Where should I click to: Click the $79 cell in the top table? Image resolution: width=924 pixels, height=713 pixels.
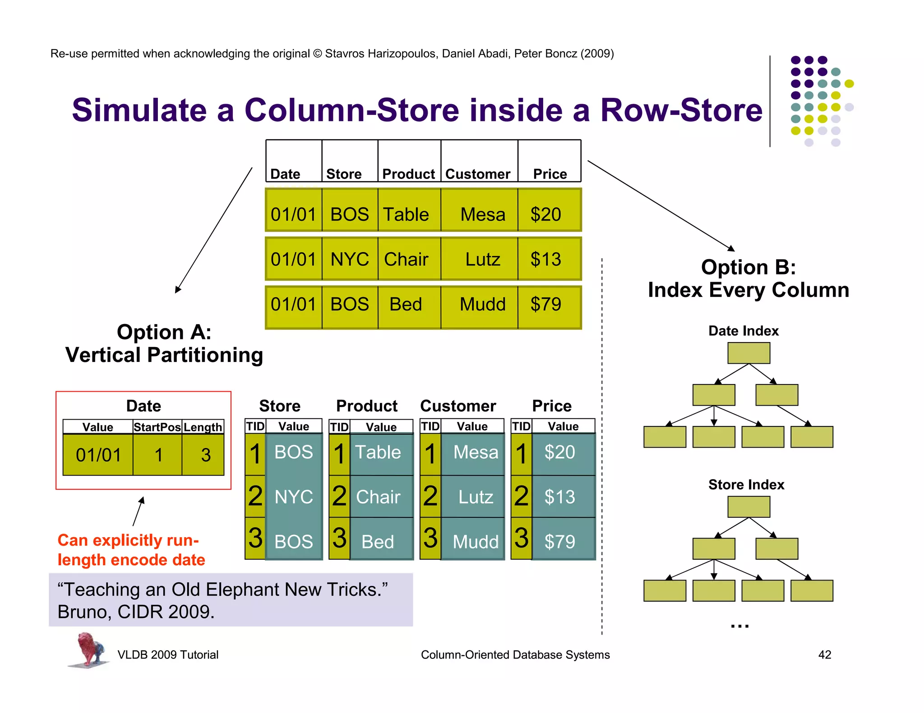tap(545, 304)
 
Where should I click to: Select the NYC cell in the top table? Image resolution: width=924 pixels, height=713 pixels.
tap(350, 259)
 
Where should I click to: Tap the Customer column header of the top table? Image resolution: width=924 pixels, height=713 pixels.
tap(478, 174)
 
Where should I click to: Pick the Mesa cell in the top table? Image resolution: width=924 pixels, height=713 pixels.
tap(482, 214)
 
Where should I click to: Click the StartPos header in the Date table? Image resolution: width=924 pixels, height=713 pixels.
tap(157, 427)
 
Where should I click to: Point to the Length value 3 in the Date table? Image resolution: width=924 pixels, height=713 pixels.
tap(206, 455)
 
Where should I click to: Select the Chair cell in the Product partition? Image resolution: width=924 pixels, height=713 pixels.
tap(378, 497)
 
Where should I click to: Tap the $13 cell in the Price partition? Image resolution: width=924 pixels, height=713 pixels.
tap(559, 497)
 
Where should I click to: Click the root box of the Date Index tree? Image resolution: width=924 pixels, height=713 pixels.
tap(748, 353)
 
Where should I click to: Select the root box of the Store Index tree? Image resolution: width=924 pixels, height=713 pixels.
tap(748, 507)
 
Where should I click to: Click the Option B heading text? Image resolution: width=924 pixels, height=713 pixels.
tap(748, 267)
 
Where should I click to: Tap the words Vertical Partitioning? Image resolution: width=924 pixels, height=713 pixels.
tap(164, 355)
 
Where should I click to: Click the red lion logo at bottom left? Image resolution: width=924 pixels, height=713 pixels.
tap(89, 649)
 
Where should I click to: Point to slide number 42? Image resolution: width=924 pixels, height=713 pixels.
tap(824, 654)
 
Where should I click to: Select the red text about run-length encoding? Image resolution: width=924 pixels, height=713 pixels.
tap(131, 550)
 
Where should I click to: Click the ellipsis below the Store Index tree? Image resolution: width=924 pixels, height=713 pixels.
tap(739, 626)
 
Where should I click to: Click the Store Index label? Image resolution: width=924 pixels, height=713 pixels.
tap(746, 484)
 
